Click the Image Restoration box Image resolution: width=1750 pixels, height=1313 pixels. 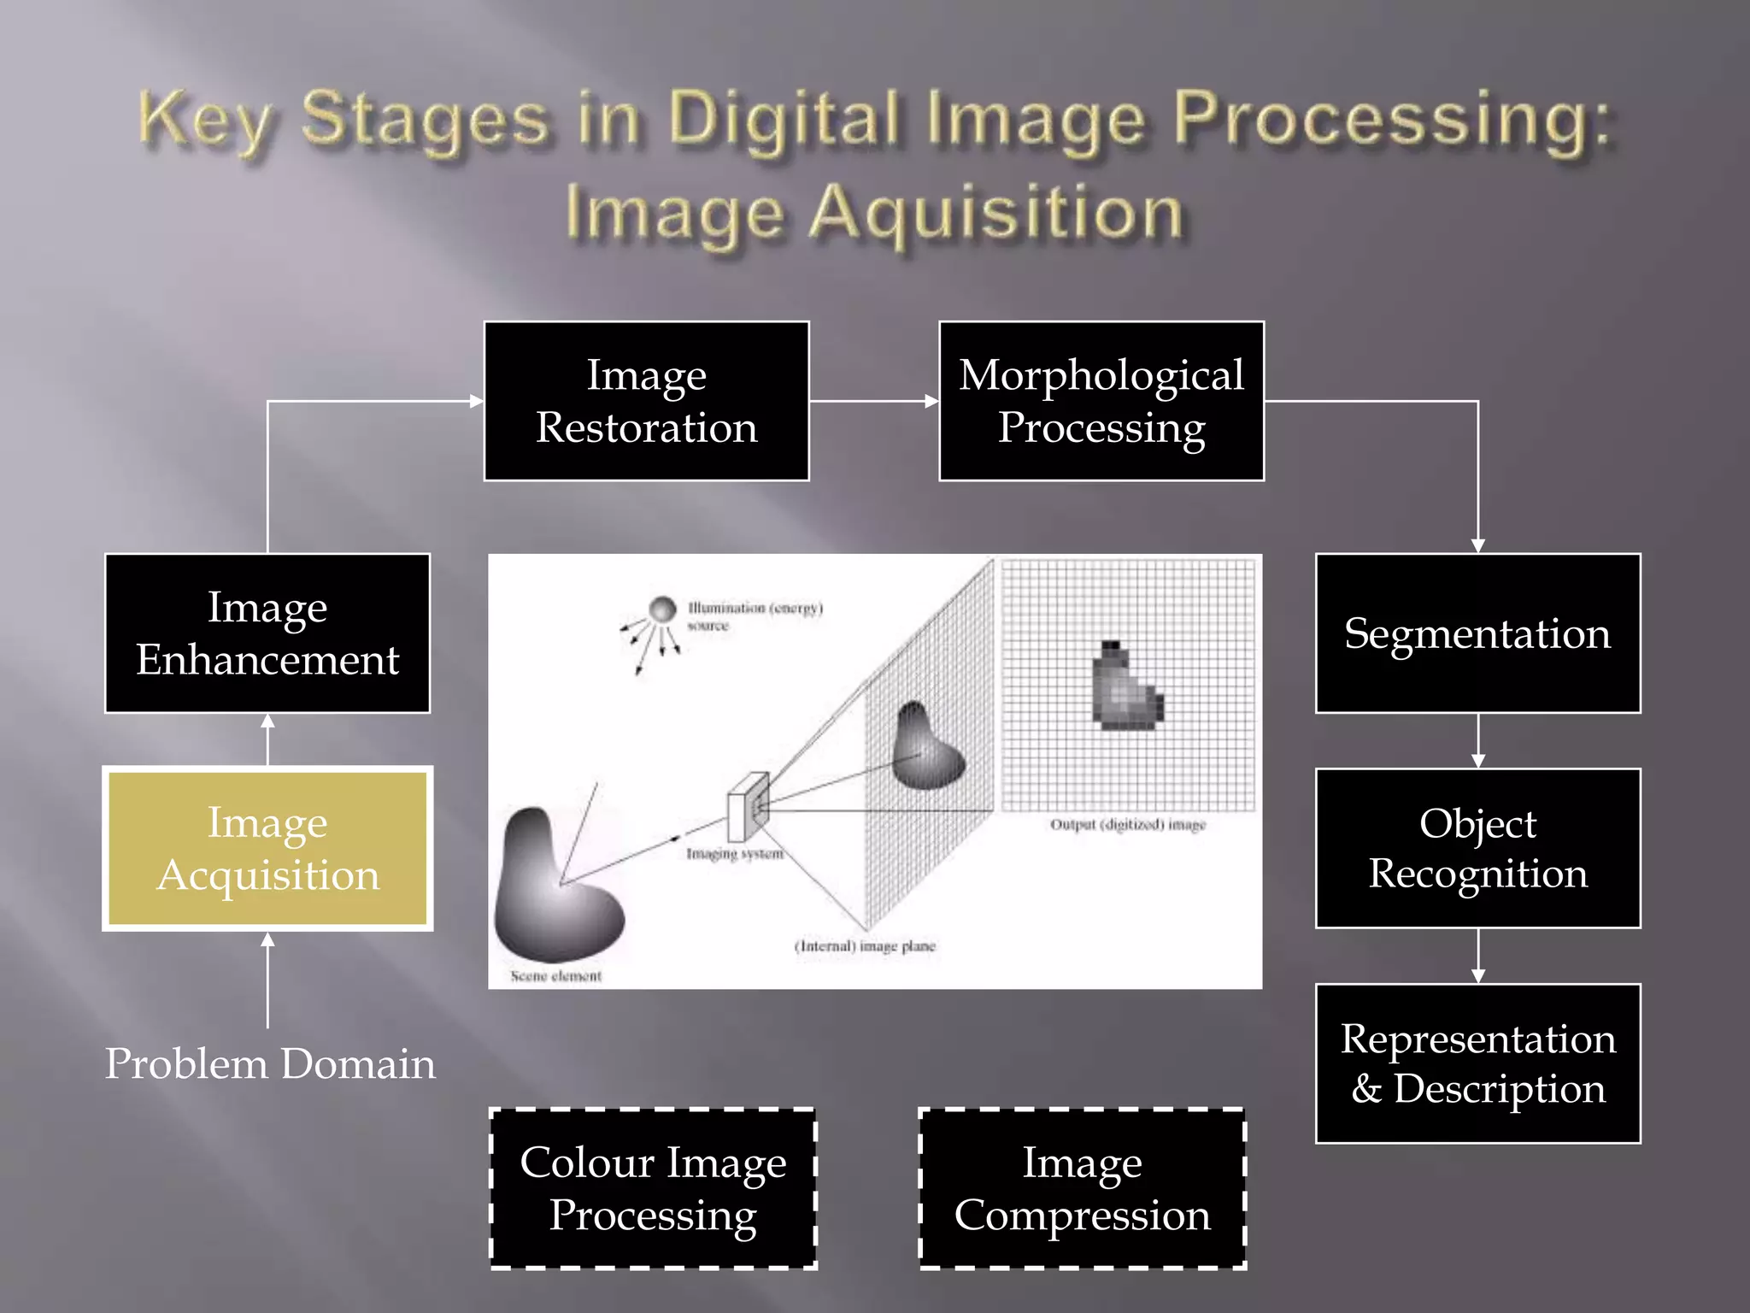pyautogui.click(x=646, y=401)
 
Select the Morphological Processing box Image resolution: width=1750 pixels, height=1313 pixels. pyautogui.click(x=1101, y=401)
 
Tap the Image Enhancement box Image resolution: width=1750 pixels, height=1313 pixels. pyautogui.click(x=267, y=633)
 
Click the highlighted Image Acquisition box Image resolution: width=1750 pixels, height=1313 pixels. pyautogui.click(x=267, y=848)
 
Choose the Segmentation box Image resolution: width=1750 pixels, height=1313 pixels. pyautogui.click(x=1477, y=633)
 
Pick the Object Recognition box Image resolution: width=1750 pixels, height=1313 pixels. pyautogui.click(x=1477, y=848)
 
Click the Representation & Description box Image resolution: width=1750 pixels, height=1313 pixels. pyautogui.click(x=1477, y=1063)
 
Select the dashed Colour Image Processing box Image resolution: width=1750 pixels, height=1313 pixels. pyautogui.click(x=653, y=1188)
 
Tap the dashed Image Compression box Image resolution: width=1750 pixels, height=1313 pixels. pyautogui.click(x=1082, y=1188)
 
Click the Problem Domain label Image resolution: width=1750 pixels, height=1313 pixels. pyautogui.click(x=270, y=1064)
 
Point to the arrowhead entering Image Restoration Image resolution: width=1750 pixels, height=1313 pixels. pyautogui.click(x=476, y=401)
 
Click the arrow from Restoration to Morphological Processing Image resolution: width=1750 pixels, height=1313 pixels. pyautogui.click(x=873, y=401)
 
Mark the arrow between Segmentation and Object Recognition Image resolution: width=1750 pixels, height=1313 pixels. pyautogui.click(x=1477, y=741)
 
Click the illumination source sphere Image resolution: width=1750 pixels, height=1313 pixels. pyautogui.click(x=662, y=609)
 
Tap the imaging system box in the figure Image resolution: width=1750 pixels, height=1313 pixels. pyautogui.click(x=747, y=807)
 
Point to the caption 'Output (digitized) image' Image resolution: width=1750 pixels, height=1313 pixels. pyautogui.click(x=1127, y=825)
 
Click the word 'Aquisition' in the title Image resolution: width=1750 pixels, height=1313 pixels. pyautogui.click(x=995, y=214)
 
